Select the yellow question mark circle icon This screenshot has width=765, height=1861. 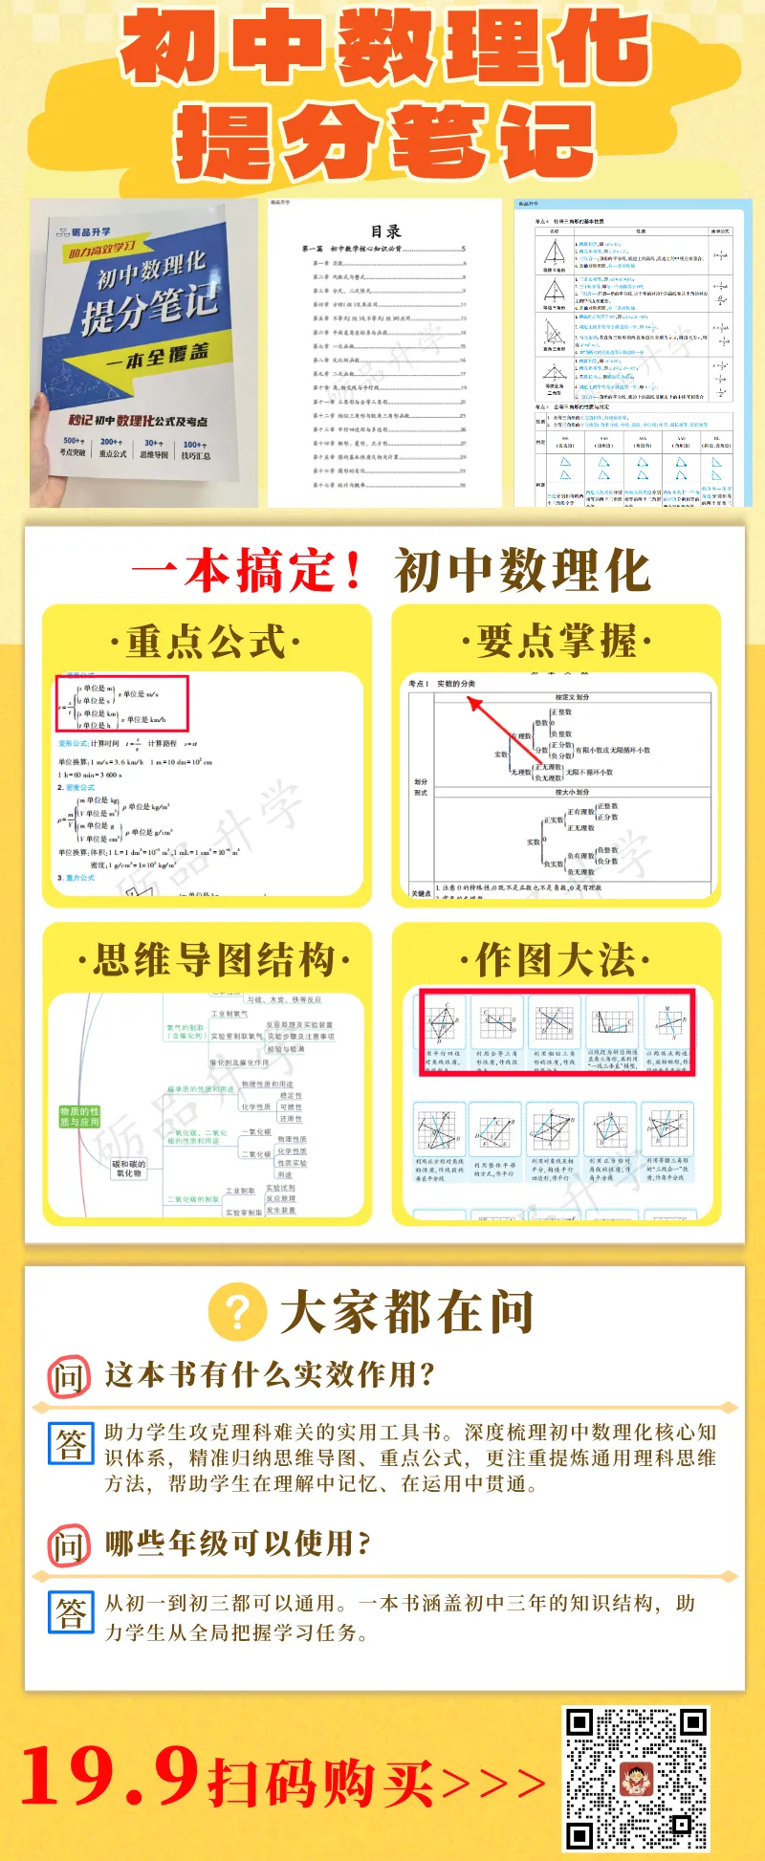237,1312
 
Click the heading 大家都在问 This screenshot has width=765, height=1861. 406,1312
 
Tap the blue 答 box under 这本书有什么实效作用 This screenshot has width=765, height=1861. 71,1443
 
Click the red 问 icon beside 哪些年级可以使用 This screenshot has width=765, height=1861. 69,1545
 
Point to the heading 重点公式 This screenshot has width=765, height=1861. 206,642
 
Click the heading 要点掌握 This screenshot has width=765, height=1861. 557,642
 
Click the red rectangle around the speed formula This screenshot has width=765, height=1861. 121,703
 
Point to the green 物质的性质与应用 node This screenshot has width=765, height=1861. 79,1117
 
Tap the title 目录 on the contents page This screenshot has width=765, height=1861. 385,231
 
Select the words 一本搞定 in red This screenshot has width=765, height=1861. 248,571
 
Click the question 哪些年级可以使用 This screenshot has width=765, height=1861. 237,1544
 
